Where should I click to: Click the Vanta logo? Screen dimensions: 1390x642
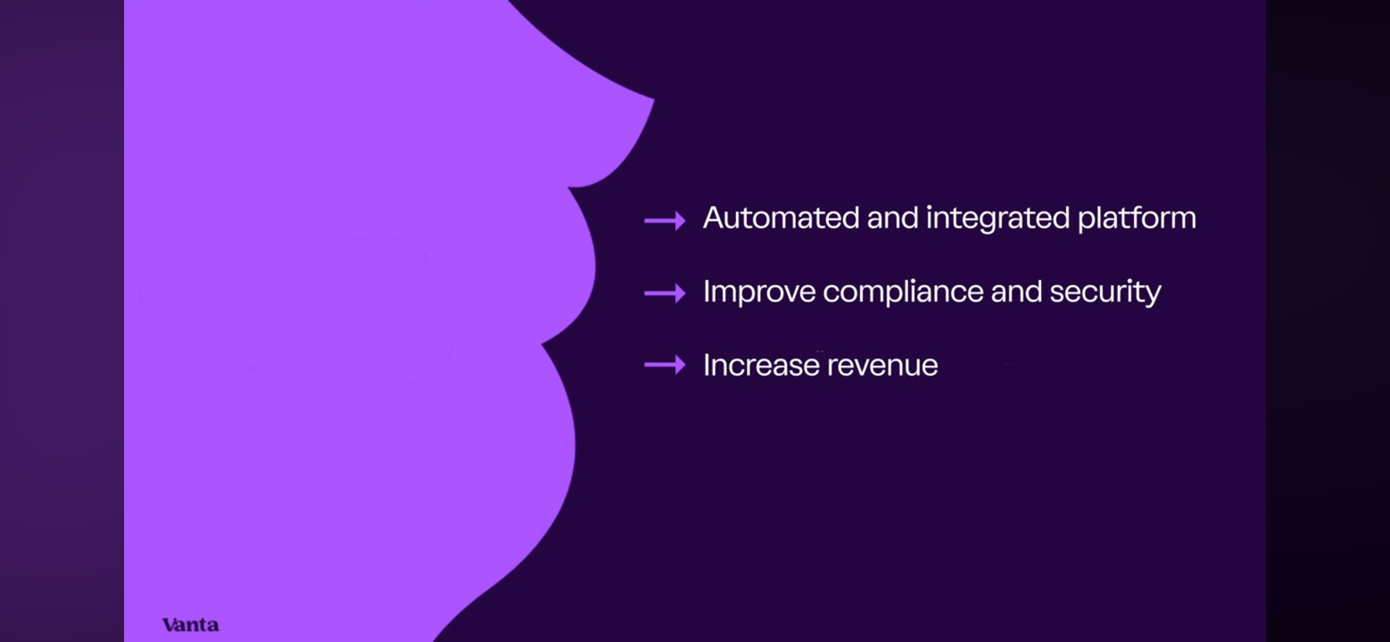pyautogui.click(x=190, y=624)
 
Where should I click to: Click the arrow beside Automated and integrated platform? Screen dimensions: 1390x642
pyautogui.click(x=665, y=221)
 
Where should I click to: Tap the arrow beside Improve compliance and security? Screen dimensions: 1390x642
pyautogui.click(x=665, y=293)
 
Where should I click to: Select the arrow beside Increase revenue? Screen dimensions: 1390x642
pyautogui.click(x=665, y=365)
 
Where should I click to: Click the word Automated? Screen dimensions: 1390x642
pyautogui.click(x=781, y=217)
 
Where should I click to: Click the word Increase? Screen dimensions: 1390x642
pyautogui.click(x=761, y=365)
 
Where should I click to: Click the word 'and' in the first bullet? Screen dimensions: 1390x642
pyautogui.click(x=893, y=217)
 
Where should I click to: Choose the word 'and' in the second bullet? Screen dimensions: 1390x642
pyautogui.click(x=1017, y=291)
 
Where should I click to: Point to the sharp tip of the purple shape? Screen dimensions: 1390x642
pyautogui.click(x=654, y=99)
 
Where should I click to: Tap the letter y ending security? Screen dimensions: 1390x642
pyautogui.click(x=1152, y=296)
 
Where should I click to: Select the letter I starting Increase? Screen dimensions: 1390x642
pyautogui.click(x=706, y=365)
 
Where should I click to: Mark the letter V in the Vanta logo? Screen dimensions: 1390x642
pyautogui.click(x=171, y=624)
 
